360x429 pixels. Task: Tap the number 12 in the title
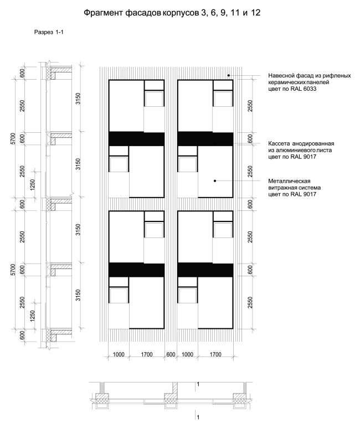255,13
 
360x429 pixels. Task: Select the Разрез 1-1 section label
49,32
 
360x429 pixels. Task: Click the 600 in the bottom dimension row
171,354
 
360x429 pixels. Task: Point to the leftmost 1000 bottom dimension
119,354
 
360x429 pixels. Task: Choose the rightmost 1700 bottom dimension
215,354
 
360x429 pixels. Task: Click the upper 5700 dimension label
13,139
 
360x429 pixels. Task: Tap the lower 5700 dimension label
13,270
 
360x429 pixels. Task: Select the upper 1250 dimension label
33,185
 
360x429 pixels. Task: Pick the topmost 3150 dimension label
78,99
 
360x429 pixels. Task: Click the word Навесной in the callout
280,75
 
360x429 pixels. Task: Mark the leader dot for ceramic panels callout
229,75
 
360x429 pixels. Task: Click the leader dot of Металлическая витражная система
215,181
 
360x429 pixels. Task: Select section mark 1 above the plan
198,384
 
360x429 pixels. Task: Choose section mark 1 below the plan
198,417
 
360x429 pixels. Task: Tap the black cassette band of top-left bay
137,139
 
